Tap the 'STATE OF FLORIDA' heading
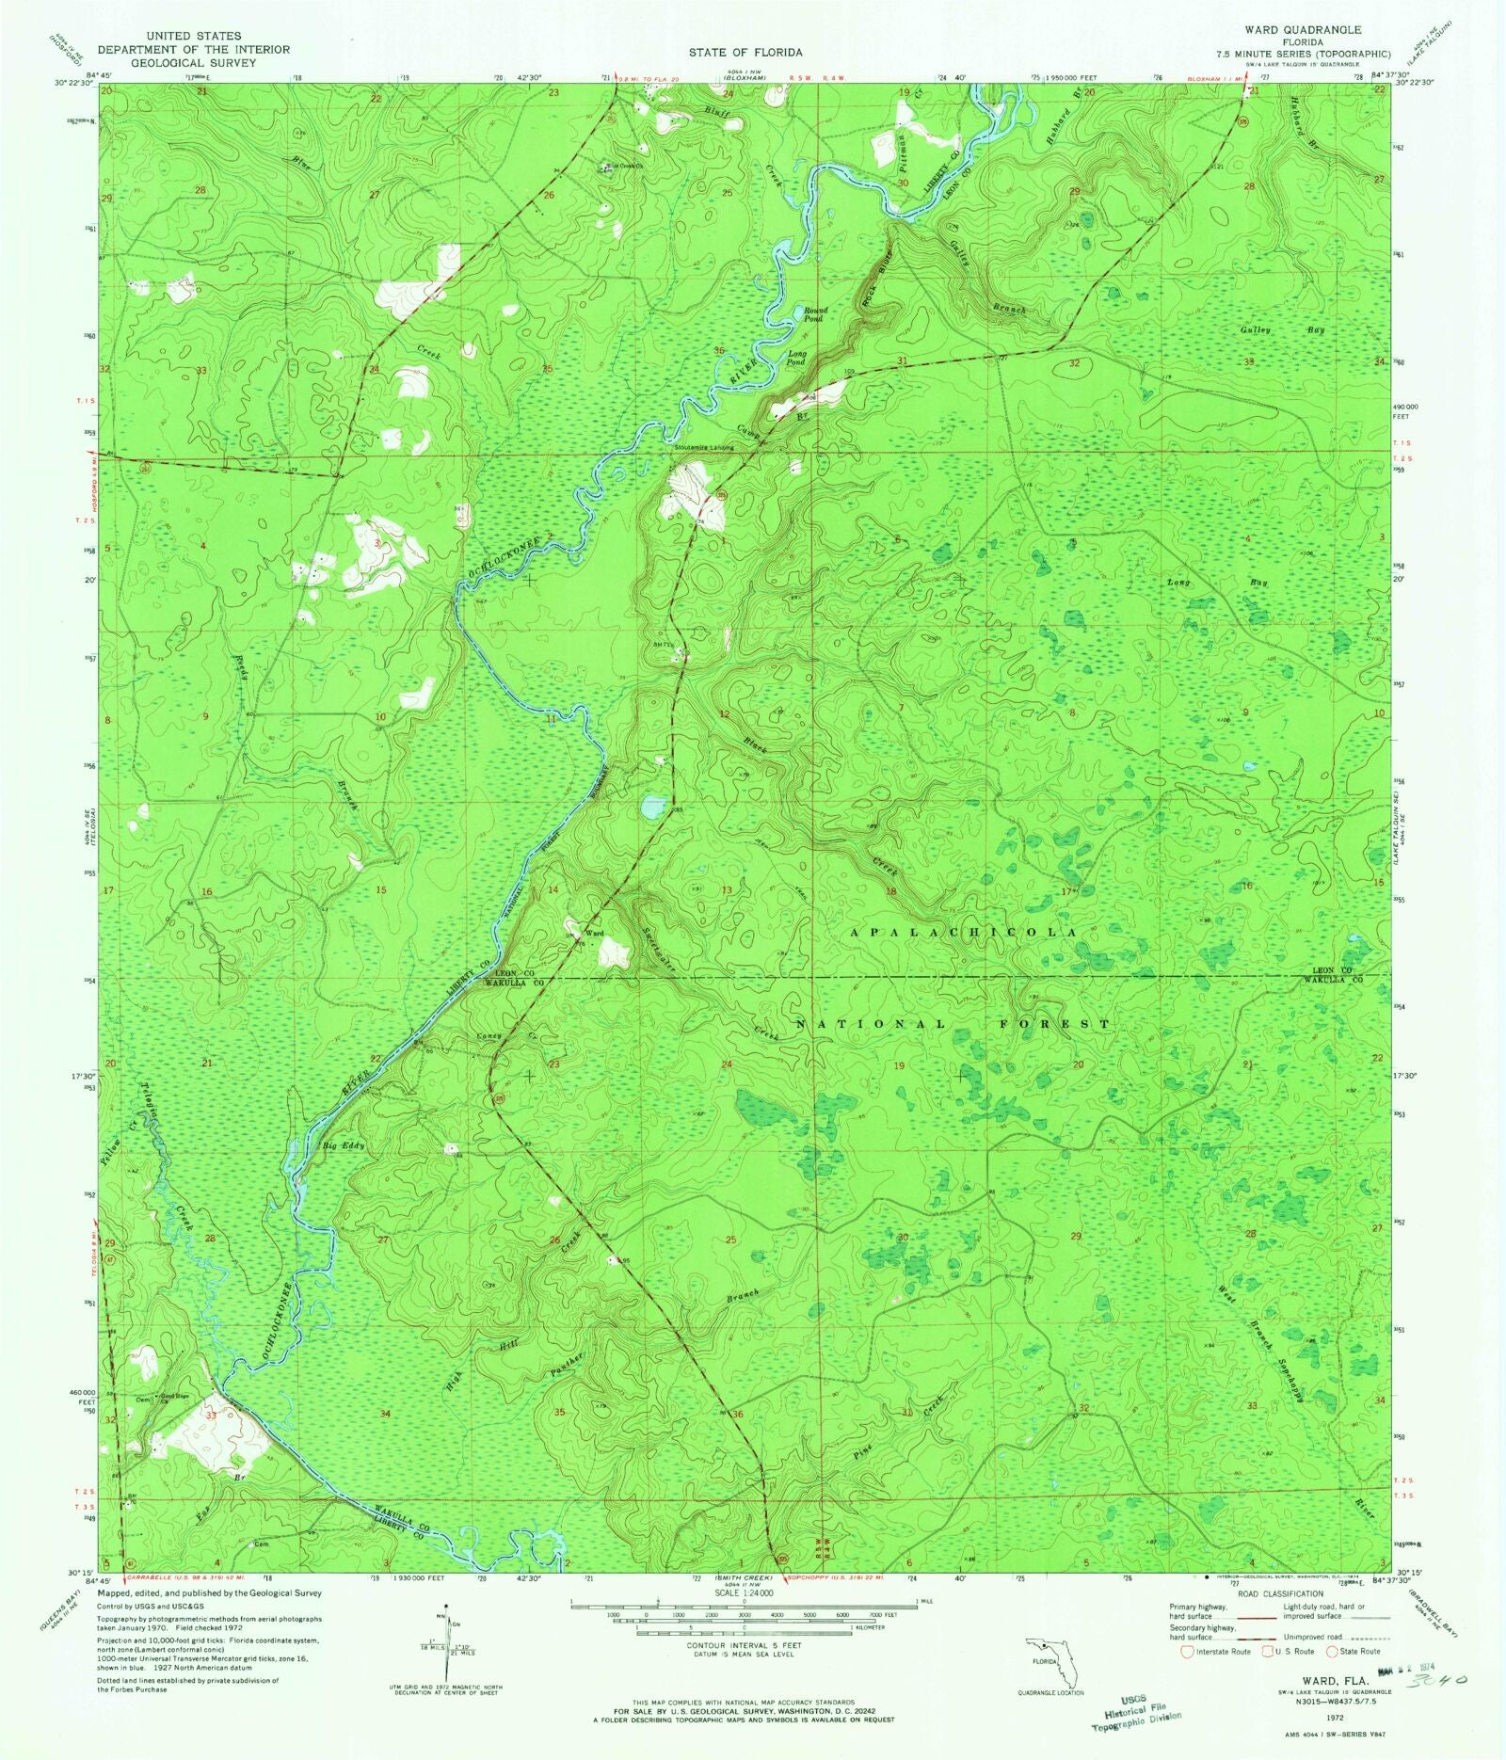pyautogui.click(x=745, y=53)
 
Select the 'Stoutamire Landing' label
pyautogui.click(x=704, y=447)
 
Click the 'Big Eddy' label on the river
pyautogui.click(x=343, y=1146)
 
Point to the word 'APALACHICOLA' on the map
pyautogui.click(x=963, y=932)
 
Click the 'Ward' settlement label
pyautogui.click(x=594, y=933)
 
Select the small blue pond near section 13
pyautogui.click(x=652, y=807)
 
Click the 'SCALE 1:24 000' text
pyautogui.click(x=744, y=1592)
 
